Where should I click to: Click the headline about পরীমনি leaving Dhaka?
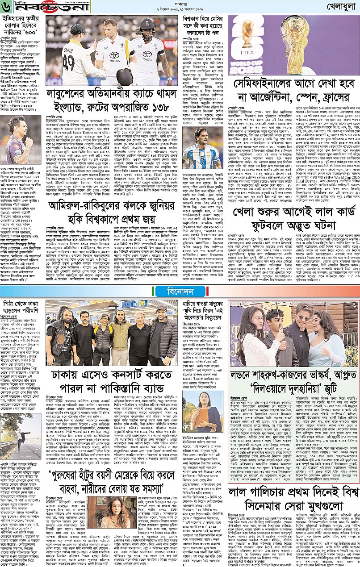coord(22,307)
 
